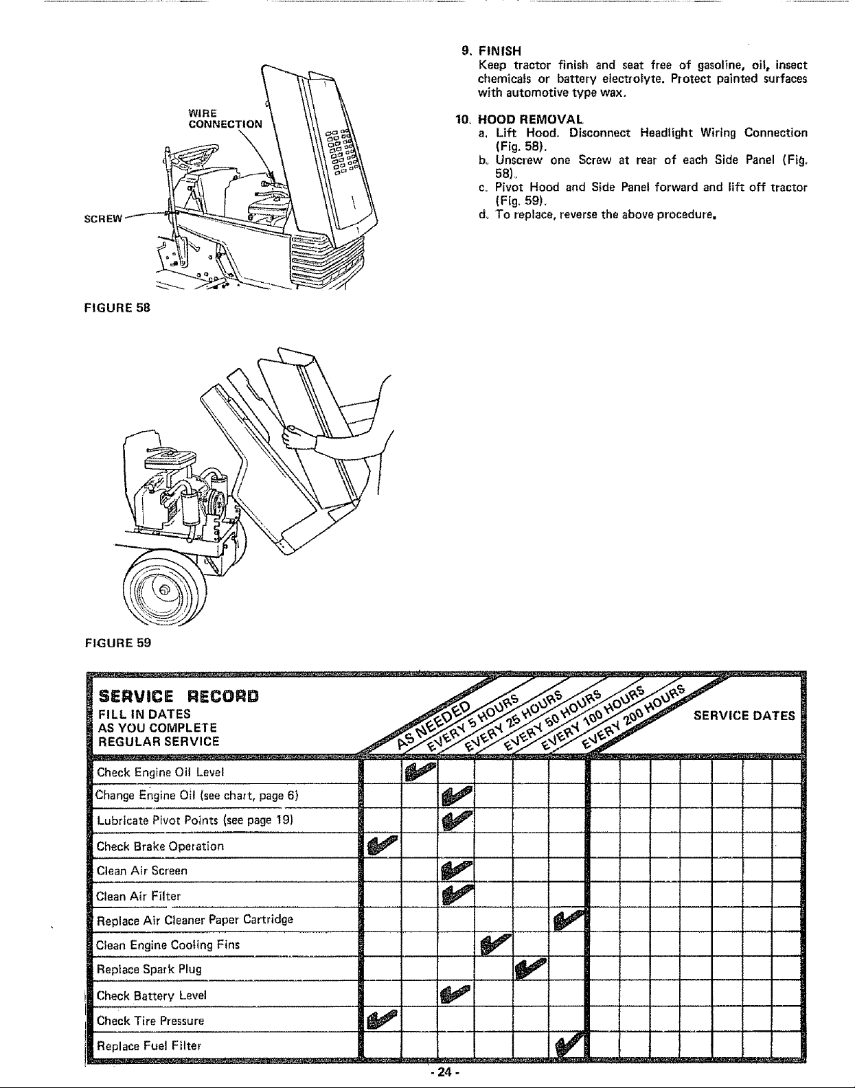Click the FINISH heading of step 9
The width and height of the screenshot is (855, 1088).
coord(499,50)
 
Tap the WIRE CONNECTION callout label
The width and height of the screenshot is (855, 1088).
coord(225,118)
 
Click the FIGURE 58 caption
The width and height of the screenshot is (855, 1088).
coord(117,307)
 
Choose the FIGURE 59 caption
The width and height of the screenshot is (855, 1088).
coord(117,643)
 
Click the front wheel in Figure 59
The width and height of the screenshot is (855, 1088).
coord(163,590)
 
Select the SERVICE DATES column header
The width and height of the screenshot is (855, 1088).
coord(744,716)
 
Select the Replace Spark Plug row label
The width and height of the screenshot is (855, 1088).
coord(149,969)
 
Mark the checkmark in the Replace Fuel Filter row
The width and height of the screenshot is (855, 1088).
coord(569,1046)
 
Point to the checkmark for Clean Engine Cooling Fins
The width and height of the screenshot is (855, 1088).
coord(494,945)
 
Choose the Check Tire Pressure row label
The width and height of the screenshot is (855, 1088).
coord(150,1020)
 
